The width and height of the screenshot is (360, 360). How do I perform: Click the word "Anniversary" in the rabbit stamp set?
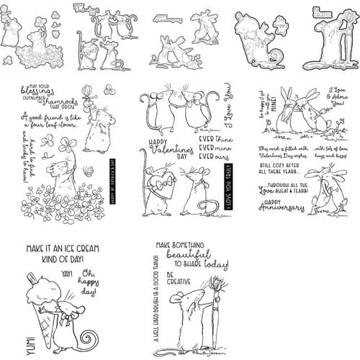point(282,210)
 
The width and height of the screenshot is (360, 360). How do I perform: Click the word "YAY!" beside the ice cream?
point(66,274)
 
